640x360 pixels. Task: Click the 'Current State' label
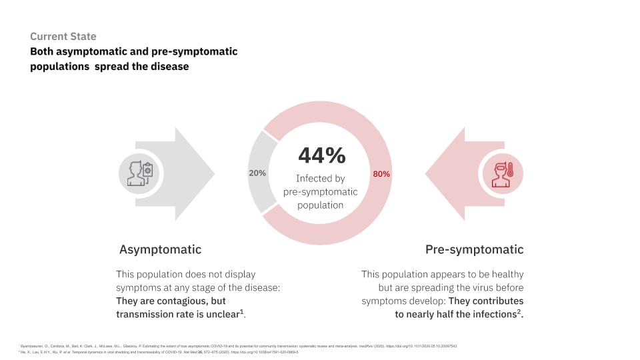[63, 37]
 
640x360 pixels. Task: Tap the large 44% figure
[321, 155]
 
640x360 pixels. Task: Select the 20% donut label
[257, 173]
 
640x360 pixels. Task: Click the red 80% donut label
[381, 174]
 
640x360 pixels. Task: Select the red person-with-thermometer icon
[502, 173]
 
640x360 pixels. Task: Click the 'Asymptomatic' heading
[160, 249]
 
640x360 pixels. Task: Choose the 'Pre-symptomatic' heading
[474, 249]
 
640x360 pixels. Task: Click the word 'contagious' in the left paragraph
[170, 301]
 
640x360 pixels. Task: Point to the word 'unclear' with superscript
[217, 314]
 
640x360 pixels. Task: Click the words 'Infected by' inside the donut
[321, 179]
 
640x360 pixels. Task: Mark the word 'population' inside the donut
[321, 205]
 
